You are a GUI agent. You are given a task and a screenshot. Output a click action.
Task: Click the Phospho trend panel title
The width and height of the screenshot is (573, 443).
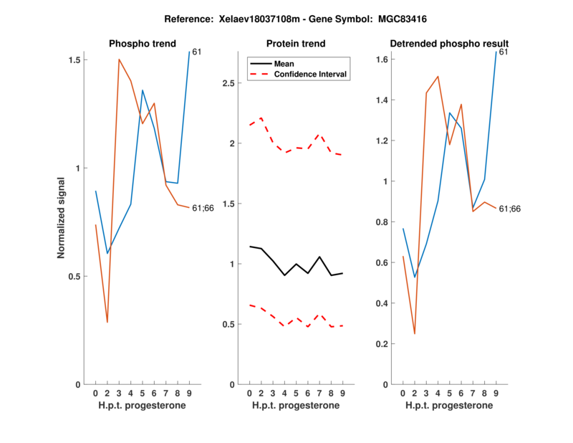point(142,44)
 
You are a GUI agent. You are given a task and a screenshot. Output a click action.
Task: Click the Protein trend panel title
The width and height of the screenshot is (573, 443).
point(296,44)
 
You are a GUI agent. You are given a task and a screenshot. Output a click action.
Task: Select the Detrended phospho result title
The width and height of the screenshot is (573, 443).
point(449,44)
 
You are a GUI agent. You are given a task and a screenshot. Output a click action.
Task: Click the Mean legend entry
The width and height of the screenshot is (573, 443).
point(284,63)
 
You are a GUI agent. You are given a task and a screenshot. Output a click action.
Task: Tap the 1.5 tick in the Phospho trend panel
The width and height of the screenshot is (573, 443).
point(74,60)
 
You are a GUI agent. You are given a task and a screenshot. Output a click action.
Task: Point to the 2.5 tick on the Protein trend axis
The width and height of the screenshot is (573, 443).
point(228,83)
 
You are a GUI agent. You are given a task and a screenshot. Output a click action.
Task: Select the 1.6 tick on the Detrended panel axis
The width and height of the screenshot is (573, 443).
point(382,59)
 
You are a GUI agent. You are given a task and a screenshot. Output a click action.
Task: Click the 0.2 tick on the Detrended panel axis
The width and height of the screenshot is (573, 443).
point(382,344)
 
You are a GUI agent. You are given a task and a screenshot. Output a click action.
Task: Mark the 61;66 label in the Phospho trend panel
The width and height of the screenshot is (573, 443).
point(203,209)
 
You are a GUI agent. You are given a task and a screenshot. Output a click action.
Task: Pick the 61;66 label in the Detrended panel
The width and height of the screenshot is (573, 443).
point(509,209)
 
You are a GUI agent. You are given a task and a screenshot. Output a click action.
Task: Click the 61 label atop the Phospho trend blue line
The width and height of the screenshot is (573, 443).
point(196,52)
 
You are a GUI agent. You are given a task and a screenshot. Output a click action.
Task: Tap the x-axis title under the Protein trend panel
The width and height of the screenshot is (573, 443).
point(296,406)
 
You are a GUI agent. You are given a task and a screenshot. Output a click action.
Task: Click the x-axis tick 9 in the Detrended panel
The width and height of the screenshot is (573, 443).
point(496,393)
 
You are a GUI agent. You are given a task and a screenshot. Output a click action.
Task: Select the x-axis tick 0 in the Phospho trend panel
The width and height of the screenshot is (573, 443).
point(96,393)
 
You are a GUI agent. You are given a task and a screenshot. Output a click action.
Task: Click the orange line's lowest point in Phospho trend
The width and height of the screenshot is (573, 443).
point(107,323)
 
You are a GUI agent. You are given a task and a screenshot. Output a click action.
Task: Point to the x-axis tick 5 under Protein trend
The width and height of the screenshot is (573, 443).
point(296,393)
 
